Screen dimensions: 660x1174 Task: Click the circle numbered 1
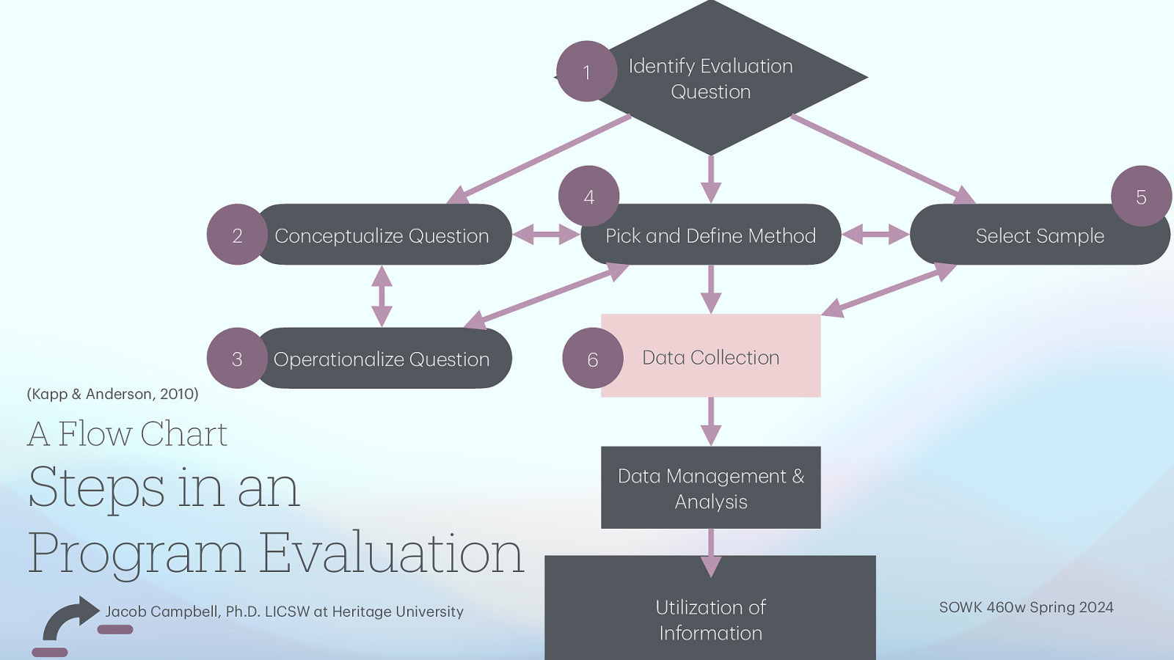click(586, 72)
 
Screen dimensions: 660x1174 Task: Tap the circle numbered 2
click(236, 235)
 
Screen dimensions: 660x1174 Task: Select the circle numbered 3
click(236, 359)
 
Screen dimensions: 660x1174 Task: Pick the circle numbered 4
click(588, 197)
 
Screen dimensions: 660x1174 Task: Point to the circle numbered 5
click(1141, 197)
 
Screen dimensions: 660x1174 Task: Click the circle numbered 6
click(592, 359)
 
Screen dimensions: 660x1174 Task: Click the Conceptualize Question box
click(382, 235)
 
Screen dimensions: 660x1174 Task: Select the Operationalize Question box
click(382, 359)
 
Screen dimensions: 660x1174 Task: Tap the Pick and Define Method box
click(710, 235)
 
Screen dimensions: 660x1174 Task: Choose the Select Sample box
click(1040, 235)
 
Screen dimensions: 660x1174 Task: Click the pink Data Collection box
click(710, 357)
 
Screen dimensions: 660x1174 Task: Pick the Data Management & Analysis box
click(710, 488)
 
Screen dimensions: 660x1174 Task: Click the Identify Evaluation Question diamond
click(710, 78)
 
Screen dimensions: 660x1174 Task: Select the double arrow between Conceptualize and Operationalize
click(382, 296)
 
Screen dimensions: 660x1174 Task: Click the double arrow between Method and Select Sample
click(875, 235)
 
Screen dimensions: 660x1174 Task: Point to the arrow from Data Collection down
click(710, 422)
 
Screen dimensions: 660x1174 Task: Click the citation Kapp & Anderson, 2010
click(112, 394)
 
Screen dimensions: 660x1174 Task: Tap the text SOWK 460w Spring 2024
click(1026, 607)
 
